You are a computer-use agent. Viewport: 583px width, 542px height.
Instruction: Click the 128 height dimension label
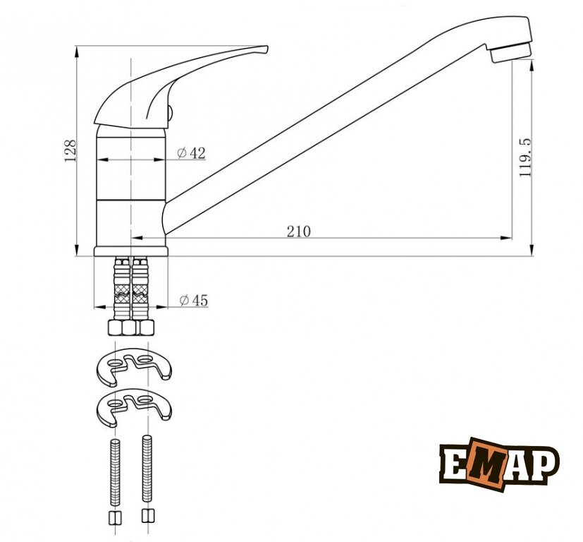tap(70, 151)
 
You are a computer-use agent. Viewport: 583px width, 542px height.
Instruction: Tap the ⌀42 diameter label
tap(191, 152)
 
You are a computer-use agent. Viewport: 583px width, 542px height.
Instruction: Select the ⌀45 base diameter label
tap(194, 300)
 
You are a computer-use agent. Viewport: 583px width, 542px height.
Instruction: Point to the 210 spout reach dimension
tap(299, 231)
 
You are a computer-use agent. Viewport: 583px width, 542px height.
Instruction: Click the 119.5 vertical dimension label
tap(525, 157)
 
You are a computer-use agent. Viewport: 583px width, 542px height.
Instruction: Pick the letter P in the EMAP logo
tap(545, 464)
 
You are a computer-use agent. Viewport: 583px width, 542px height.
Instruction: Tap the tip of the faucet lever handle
tap(266, 48)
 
